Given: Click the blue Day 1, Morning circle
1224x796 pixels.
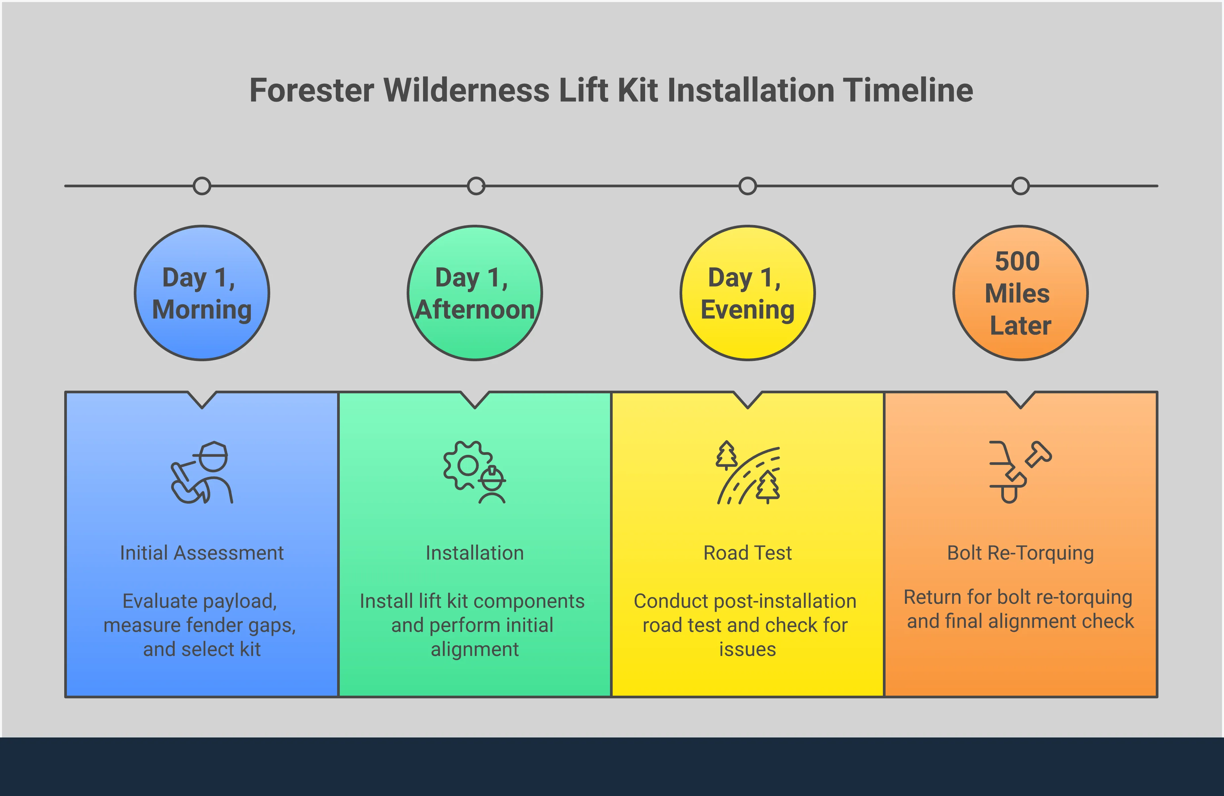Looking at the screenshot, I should point(202,293).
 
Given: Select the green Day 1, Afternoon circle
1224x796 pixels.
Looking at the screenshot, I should point(475,293).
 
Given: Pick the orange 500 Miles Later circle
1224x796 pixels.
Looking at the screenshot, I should point(1020,293).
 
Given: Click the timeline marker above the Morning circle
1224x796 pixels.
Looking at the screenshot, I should point(202,186).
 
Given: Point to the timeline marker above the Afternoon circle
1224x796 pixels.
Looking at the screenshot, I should point(476,186).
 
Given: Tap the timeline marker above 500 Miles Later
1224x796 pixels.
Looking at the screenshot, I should point(1020,186).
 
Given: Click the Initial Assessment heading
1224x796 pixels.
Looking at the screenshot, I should point(202,553).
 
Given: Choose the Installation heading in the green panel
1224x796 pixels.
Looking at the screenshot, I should point(475,553).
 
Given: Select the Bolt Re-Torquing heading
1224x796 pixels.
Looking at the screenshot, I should point(1020,553).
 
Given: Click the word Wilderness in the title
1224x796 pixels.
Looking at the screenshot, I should point(467,91).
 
